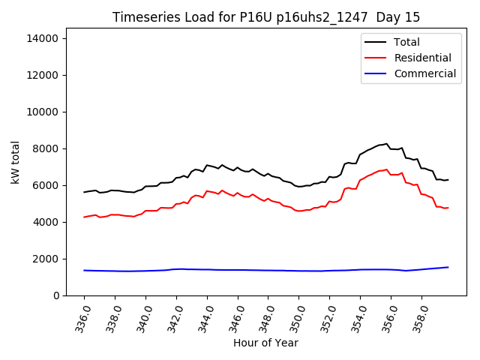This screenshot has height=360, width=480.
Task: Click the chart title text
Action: point(266,17)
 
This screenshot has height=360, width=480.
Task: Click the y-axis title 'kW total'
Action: point(15,161)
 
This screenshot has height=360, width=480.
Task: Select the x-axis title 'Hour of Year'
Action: point(265,343)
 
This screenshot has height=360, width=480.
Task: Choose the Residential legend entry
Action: point(422,58)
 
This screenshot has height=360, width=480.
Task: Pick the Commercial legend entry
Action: point(424,73)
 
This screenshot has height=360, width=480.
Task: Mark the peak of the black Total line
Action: point(387,143)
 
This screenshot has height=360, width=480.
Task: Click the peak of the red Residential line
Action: point(387,169)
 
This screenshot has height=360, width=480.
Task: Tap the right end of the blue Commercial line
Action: point(448,267)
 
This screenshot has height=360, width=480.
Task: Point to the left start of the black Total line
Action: point(84,192)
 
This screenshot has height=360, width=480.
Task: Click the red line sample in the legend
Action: point(376,58)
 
